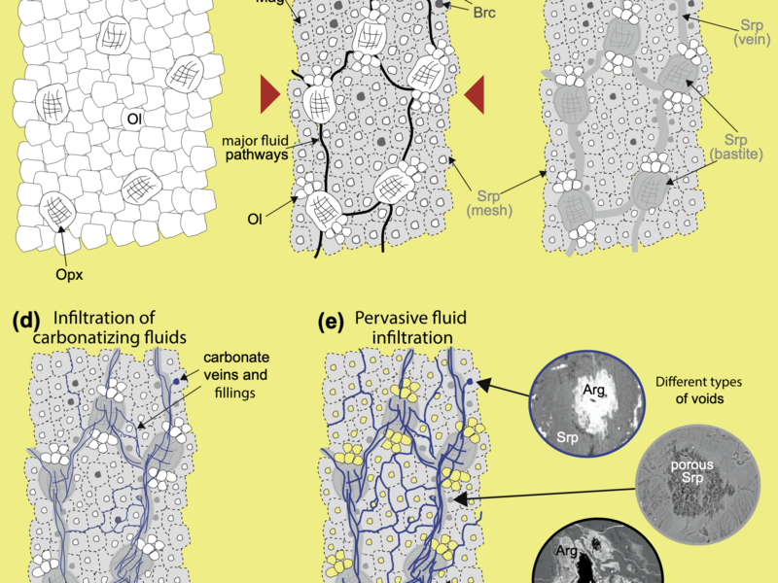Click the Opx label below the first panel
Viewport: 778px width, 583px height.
pyautogui.click(x=69, y=275)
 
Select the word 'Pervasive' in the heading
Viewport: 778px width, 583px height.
pyautogui.click(x=389, y=318)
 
